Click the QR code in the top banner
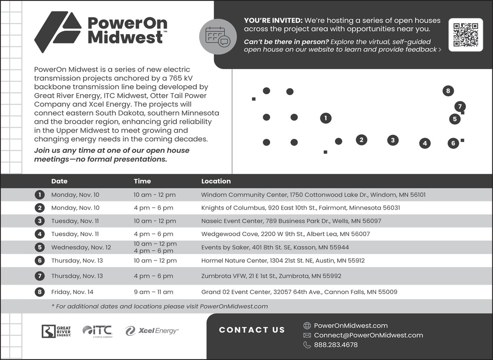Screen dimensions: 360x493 tap(465, 35)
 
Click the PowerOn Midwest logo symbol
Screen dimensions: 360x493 tap(58, 32)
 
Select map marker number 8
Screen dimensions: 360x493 tap(448, 91)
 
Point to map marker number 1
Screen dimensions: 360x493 tap(325, 118)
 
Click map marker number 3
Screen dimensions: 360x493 tap(392, 140)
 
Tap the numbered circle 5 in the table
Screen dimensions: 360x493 tap(40, 247)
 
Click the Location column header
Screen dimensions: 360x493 tap(215, 181)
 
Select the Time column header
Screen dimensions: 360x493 tap(142, 181)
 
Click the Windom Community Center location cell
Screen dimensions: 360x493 tap(313, 195)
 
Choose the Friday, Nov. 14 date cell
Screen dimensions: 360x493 tap(72, 292)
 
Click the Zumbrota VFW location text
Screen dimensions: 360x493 tap(271, 276)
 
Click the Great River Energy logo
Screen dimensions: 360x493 tap(56, 331)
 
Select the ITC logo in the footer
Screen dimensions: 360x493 tap(98, 331)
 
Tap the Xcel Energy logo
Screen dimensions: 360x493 tap(152, 331)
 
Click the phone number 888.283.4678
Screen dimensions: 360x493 tap(336, 345)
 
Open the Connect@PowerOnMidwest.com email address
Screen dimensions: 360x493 tap(368, 335)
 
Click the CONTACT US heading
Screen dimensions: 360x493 tap(252, 330)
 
